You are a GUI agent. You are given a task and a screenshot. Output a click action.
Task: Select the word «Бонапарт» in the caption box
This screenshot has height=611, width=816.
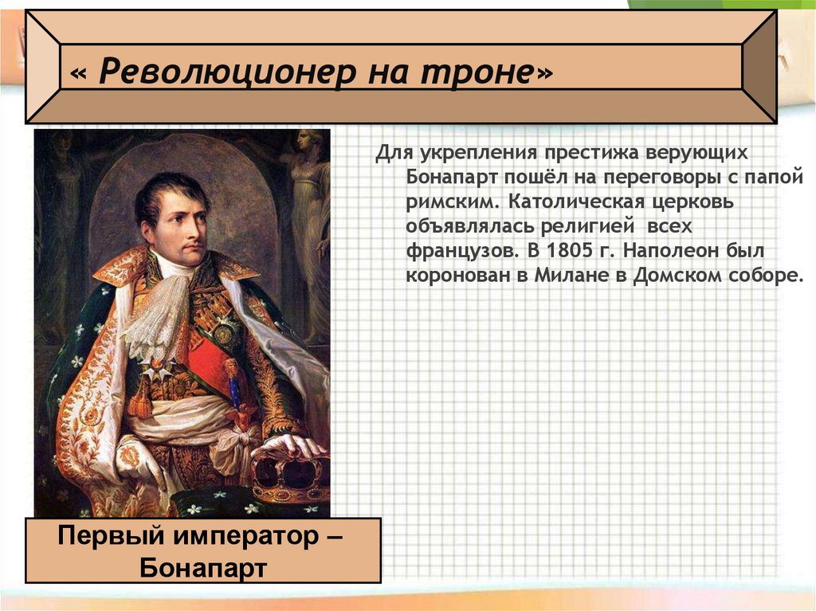pos(202,567)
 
